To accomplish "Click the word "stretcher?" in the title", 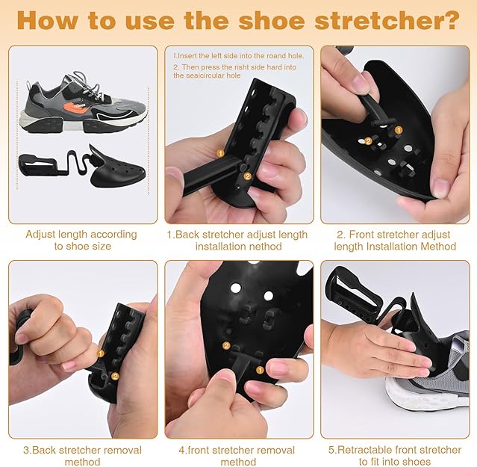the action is (x=387, y=20).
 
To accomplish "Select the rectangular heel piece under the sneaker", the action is (x=40, y=165).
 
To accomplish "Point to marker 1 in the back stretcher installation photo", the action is (x=220, y=153).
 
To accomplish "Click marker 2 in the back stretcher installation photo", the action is (x=247, y=176).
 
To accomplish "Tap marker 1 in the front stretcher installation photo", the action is (x=399, y=130).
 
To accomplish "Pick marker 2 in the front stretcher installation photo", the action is (x=369, y=141).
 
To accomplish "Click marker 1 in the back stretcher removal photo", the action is (x=100, y=353).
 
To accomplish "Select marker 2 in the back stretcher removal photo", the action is (x=115, y=377).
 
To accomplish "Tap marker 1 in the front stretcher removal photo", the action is (x=260, y=370).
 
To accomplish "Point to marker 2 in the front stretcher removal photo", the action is (x=226, y=345).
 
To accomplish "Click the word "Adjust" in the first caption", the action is (x=40, y=235).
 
